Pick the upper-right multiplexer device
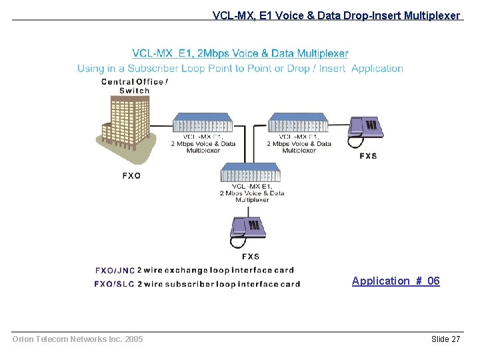pos(298,123)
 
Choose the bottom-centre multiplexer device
pos(251,173)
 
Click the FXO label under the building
pos(131,176)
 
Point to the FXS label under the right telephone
pos(368,156)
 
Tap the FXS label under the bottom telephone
pos(251,257)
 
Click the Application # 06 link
pos(396,281)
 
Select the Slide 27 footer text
pos(445,339)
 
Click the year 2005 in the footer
pos(133,339)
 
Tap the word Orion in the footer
pos(24,339)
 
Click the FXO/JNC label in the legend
pos(115,271)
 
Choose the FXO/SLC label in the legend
pos(115,284)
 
